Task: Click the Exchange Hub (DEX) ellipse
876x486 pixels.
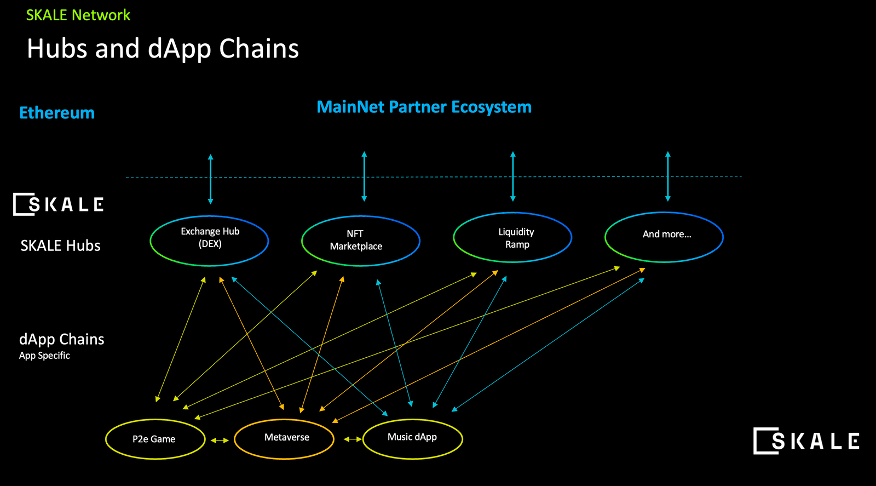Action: point(209,241)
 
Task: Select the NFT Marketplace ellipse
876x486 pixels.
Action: point(361,241)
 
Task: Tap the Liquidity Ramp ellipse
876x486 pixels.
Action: point(512,237)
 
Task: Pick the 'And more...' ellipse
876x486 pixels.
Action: point(664,237)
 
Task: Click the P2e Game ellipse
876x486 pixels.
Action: point(155,439)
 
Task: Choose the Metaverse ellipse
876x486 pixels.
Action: point(284,438)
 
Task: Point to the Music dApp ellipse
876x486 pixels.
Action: point(413,438)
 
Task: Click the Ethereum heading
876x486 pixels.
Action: point(57,113)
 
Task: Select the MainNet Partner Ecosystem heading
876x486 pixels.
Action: point(424,107)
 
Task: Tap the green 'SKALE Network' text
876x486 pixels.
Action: point(78,15)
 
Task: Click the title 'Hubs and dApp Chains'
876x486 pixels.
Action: point(163,49)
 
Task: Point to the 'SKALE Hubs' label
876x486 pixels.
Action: point(60,245)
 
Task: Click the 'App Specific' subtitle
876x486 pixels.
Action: point(44,356)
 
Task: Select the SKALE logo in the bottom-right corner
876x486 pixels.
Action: point(806,441)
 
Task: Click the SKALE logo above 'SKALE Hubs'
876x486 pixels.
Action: point(59,204)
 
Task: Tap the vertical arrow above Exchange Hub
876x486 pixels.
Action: point(210,179)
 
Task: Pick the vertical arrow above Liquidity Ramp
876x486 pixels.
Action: point(513,176)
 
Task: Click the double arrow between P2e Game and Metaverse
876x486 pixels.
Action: point(220,440)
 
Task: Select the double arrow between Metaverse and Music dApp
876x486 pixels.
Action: point(353,439)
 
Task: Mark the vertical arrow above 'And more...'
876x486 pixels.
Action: point(667,176)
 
